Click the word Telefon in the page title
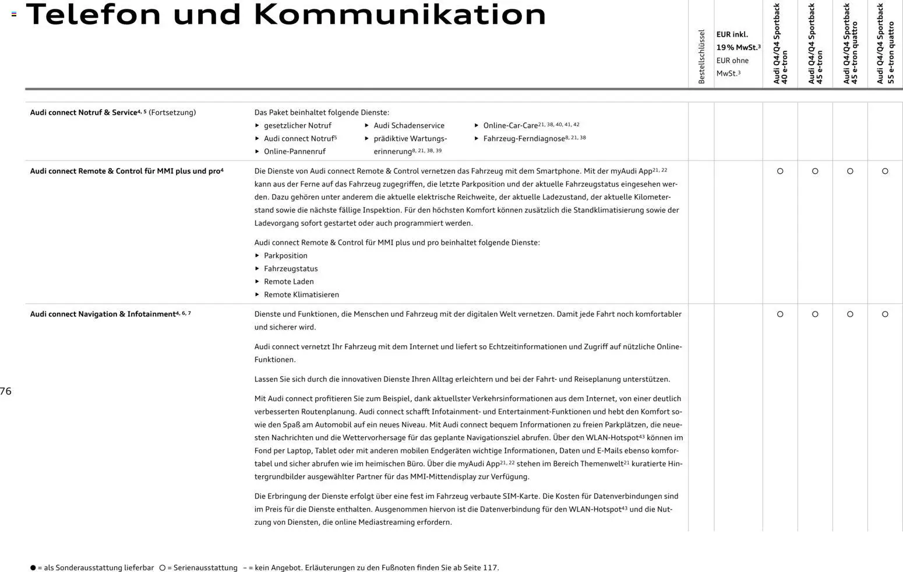point(93,15)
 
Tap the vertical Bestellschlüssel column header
point(701,57)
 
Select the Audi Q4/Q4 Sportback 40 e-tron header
point(780,44)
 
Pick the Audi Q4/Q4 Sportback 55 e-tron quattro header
point(886,44)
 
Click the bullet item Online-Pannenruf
point(294,152)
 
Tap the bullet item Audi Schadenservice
point(408,125)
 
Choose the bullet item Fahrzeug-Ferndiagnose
point(524,139)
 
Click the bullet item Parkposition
point(285,256)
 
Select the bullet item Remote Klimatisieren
point(301,295)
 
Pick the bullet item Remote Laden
point(288,282)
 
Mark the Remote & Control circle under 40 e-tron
point(780,171)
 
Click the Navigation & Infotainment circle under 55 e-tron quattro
point(885,314)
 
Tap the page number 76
point(6,391)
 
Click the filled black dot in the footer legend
point(33,568)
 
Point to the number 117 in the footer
point(490,568)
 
